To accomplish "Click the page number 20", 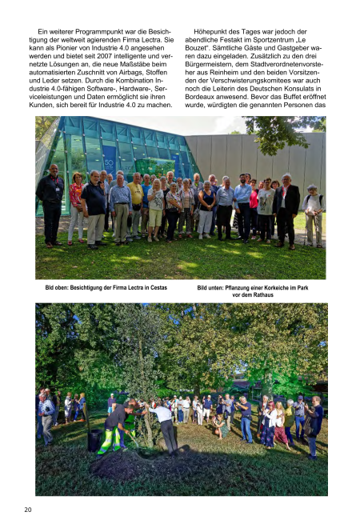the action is click(x=28, y=510).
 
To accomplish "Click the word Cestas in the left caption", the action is click(x=155, y=286).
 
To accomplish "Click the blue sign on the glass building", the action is click(x=109, y=156).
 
